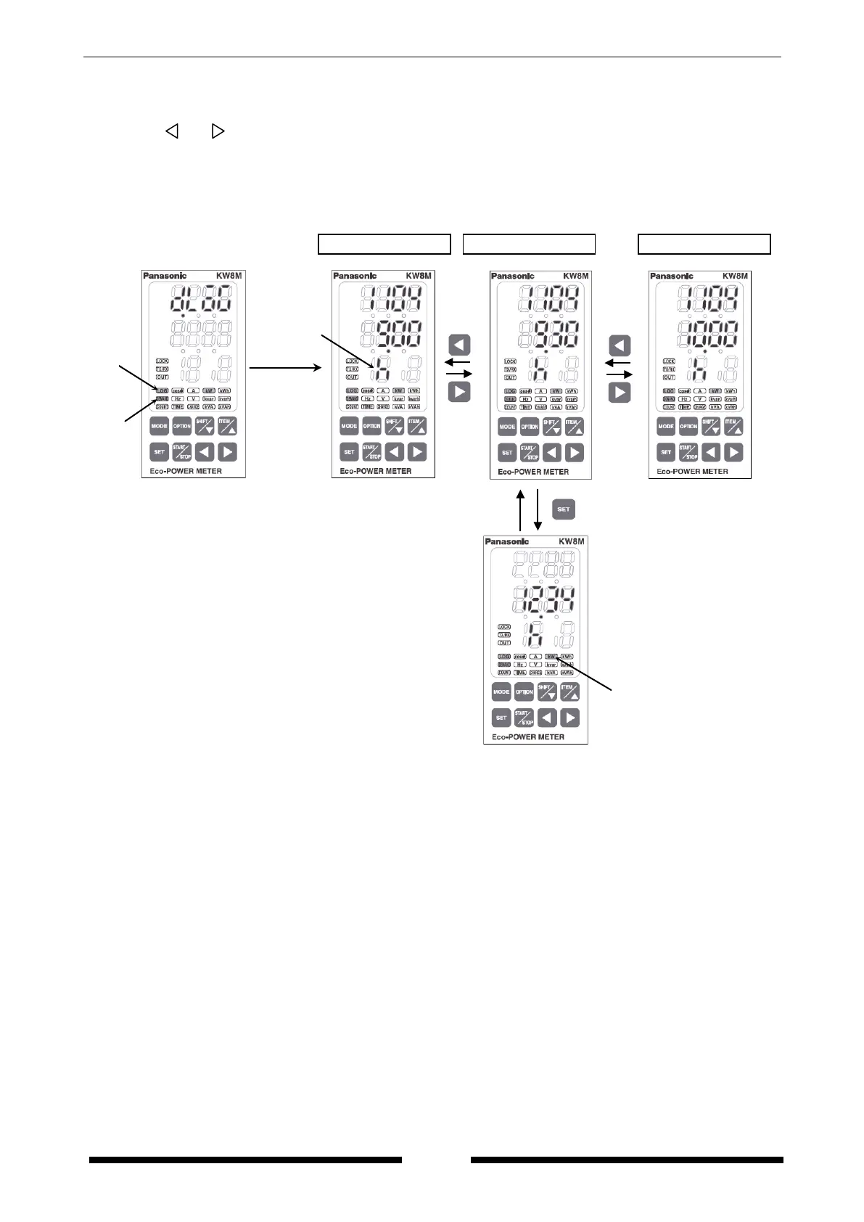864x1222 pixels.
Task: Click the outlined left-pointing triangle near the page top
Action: click(172, 131)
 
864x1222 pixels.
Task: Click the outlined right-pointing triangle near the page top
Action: click(218, 131)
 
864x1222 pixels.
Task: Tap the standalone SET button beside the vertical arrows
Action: click(564, 509)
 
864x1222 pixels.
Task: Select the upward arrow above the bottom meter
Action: click(519, 511)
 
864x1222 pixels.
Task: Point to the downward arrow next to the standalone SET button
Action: click(538, 511)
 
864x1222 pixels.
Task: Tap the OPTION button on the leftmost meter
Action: click(182, 427)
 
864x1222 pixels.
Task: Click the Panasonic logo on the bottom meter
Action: click(507, 542)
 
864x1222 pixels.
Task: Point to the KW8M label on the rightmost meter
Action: click(735, 276)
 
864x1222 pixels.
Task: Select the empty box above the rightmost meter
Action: click(704, 244)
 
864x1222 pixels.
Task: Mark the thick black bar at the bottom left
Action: click(245, 1160)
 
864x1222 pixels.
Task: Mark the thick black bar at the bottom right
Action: click(627, 1160)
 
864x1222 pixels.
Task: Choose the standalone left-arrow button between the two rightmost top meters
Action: click(619, 345)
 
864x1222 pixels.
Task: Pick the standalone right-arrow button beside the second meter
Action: click(459, 392)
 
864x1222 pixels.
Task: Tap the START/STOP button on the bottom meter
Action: click(524, 718)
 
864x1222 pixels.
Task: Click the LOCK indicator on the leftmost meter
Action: click(162, 361)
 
